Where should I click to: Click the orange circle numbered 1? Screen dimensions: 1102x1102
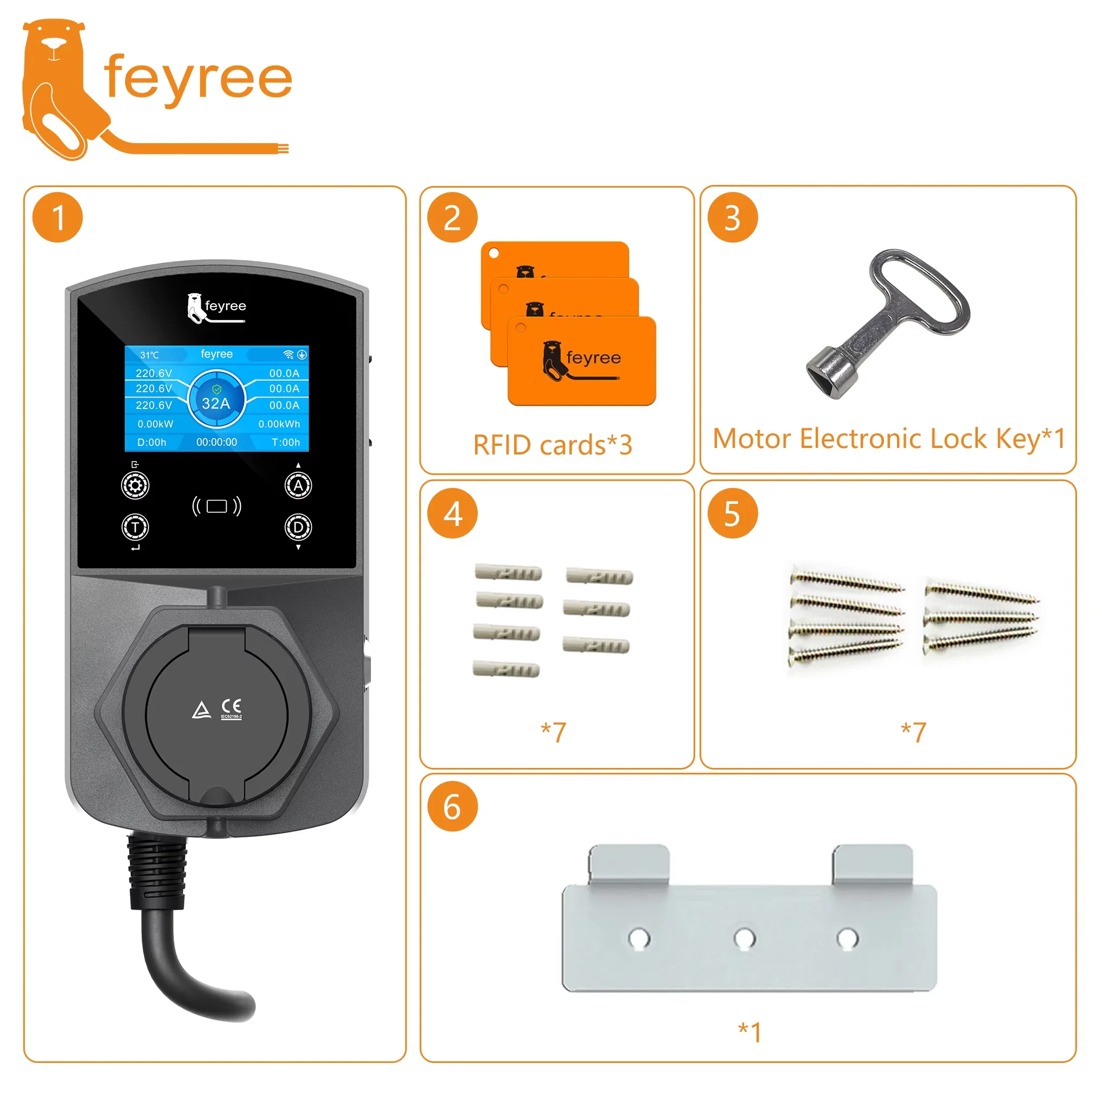click(57, 218)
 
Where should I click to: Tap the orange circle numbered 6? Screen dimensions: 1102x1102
click(452, 806)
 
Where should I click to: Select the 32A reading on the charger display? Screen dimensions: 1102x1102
click(216, 403)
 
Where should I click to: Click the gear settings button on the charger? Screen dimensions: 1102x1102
click(135, 486)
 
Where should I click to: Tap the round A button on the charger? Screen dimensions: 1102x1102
click(298, 486)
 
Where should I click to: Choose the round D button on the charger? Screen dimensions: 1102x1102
click(298, 528)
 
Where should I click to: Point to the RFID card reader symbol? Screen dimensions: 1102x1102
click(217, 506)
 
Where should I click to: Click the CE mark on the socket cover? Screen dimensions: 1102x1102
click(232, 707)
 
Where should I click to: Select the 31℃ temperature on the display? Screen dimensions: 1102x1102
click(150, 355)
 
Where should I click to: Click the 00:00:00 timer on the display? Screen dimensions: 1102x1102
click(217, 442)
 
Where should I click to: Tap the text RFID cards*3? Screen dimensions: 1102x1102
click(553, 445)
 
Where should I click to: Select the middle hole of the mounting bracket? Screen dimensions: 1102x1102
click(745, 938)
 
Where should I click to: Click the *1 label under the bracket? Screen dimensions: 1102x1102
click(749, 1033)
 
